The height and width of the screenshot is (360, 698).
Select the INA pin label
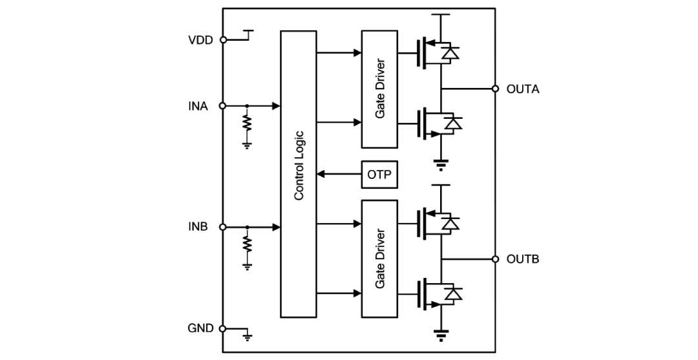click(198, 106)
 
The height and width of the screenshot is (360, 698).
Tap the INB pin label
click(198, 227)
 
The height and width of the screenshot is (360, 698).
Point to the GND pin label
click(200, 328)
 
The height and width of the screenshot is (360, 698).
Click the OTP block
click(379, 175)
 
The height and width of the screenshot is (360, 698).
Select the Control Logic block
click(298, 174)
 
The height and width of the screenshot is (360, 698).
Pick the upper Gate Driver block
click(379, 89)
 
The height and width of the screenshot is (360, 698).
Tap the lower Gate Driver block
click(379, 259)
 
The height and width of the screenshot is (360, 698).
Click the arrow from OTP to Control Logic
click(339, 175)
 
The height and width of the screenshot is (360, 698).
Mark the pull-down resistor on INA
click(247, 123)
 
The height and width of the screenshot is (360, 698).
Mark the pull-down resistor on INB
click(247, 244)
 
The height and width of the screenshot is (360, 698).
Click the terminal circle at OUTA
click(495, 89)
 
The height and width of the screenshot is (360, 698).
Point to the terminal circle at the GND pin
click(224, 328)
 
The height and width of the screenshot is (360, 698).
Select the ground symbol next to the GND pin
click(247, 335)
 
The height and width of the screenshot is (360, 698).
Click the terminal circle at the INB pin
click(224, 227)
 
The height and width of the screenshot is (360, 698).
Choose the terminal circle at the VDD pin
click(224, 39)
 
